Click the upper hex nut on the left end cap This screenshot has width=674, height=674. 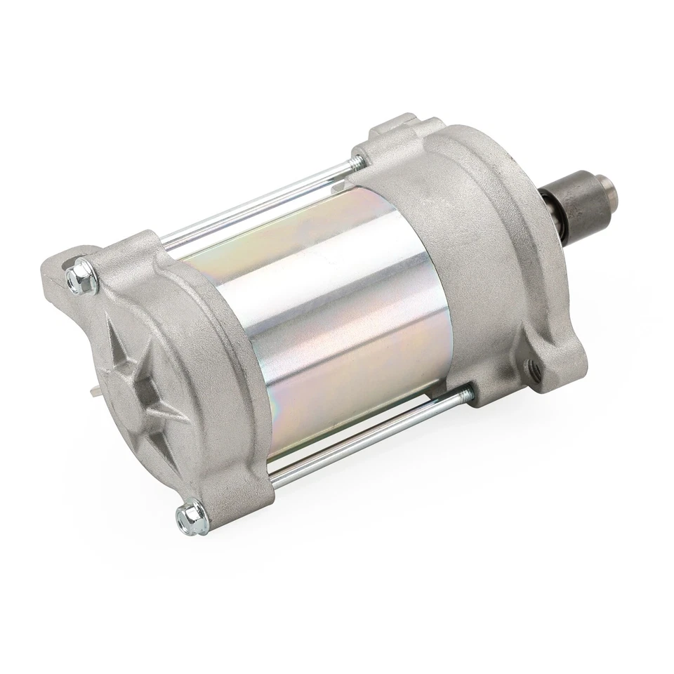[83, 275]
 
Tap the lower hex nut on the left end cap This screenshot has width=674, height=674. [193, 518]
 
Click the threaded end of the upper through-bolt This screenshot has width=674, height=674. [357, 164]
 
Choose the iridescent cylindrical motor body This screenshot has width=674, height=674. [330, 316]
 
